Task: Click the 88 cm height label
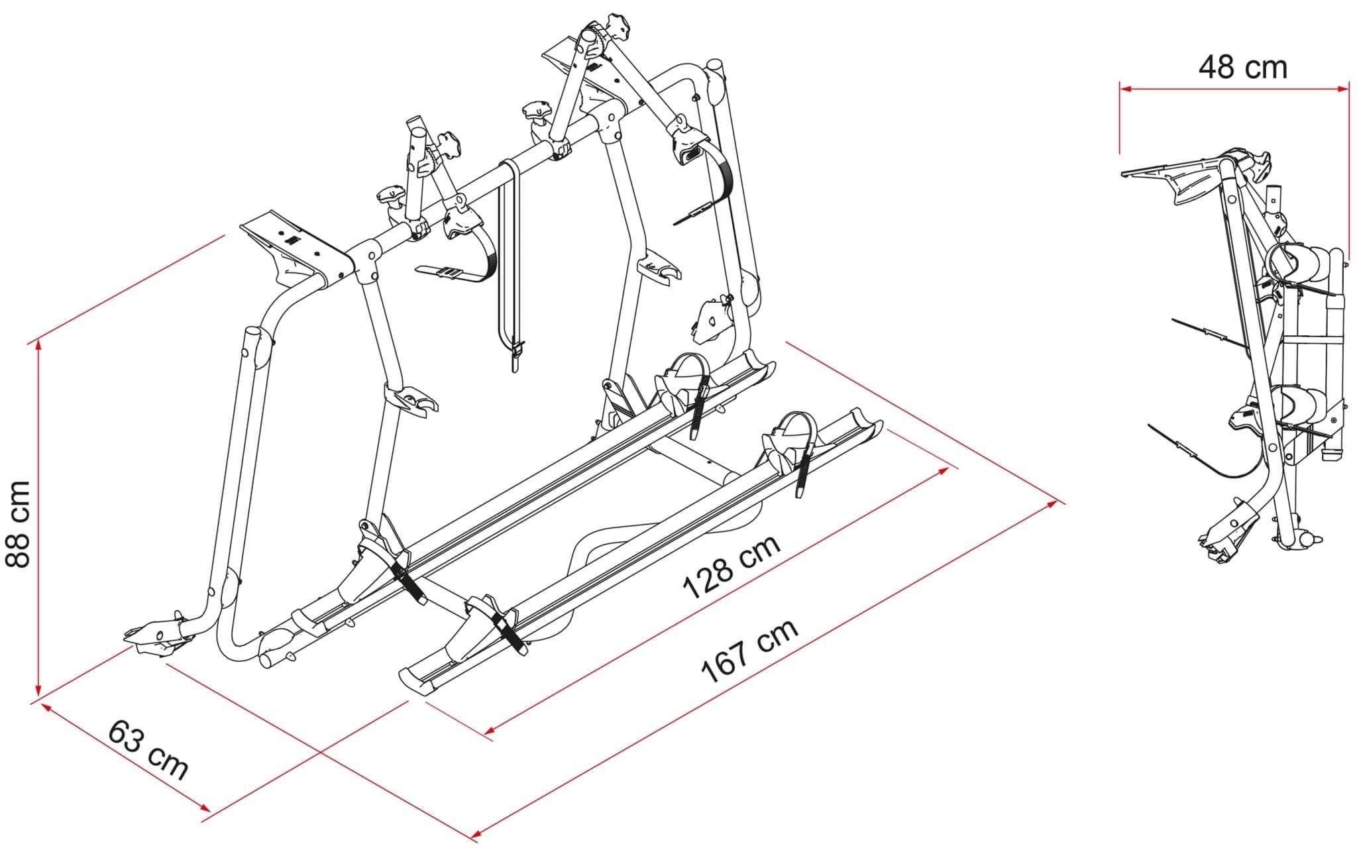click(x=18, y=524)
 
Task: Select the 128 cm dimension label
click(x=732, y=567)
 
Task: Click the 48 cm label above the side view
click(x=1242, y=68)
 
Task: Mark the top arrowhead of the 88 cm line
click(x=39, y=345)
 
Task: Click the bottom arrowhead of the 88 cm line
click(x=39, y=690)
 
